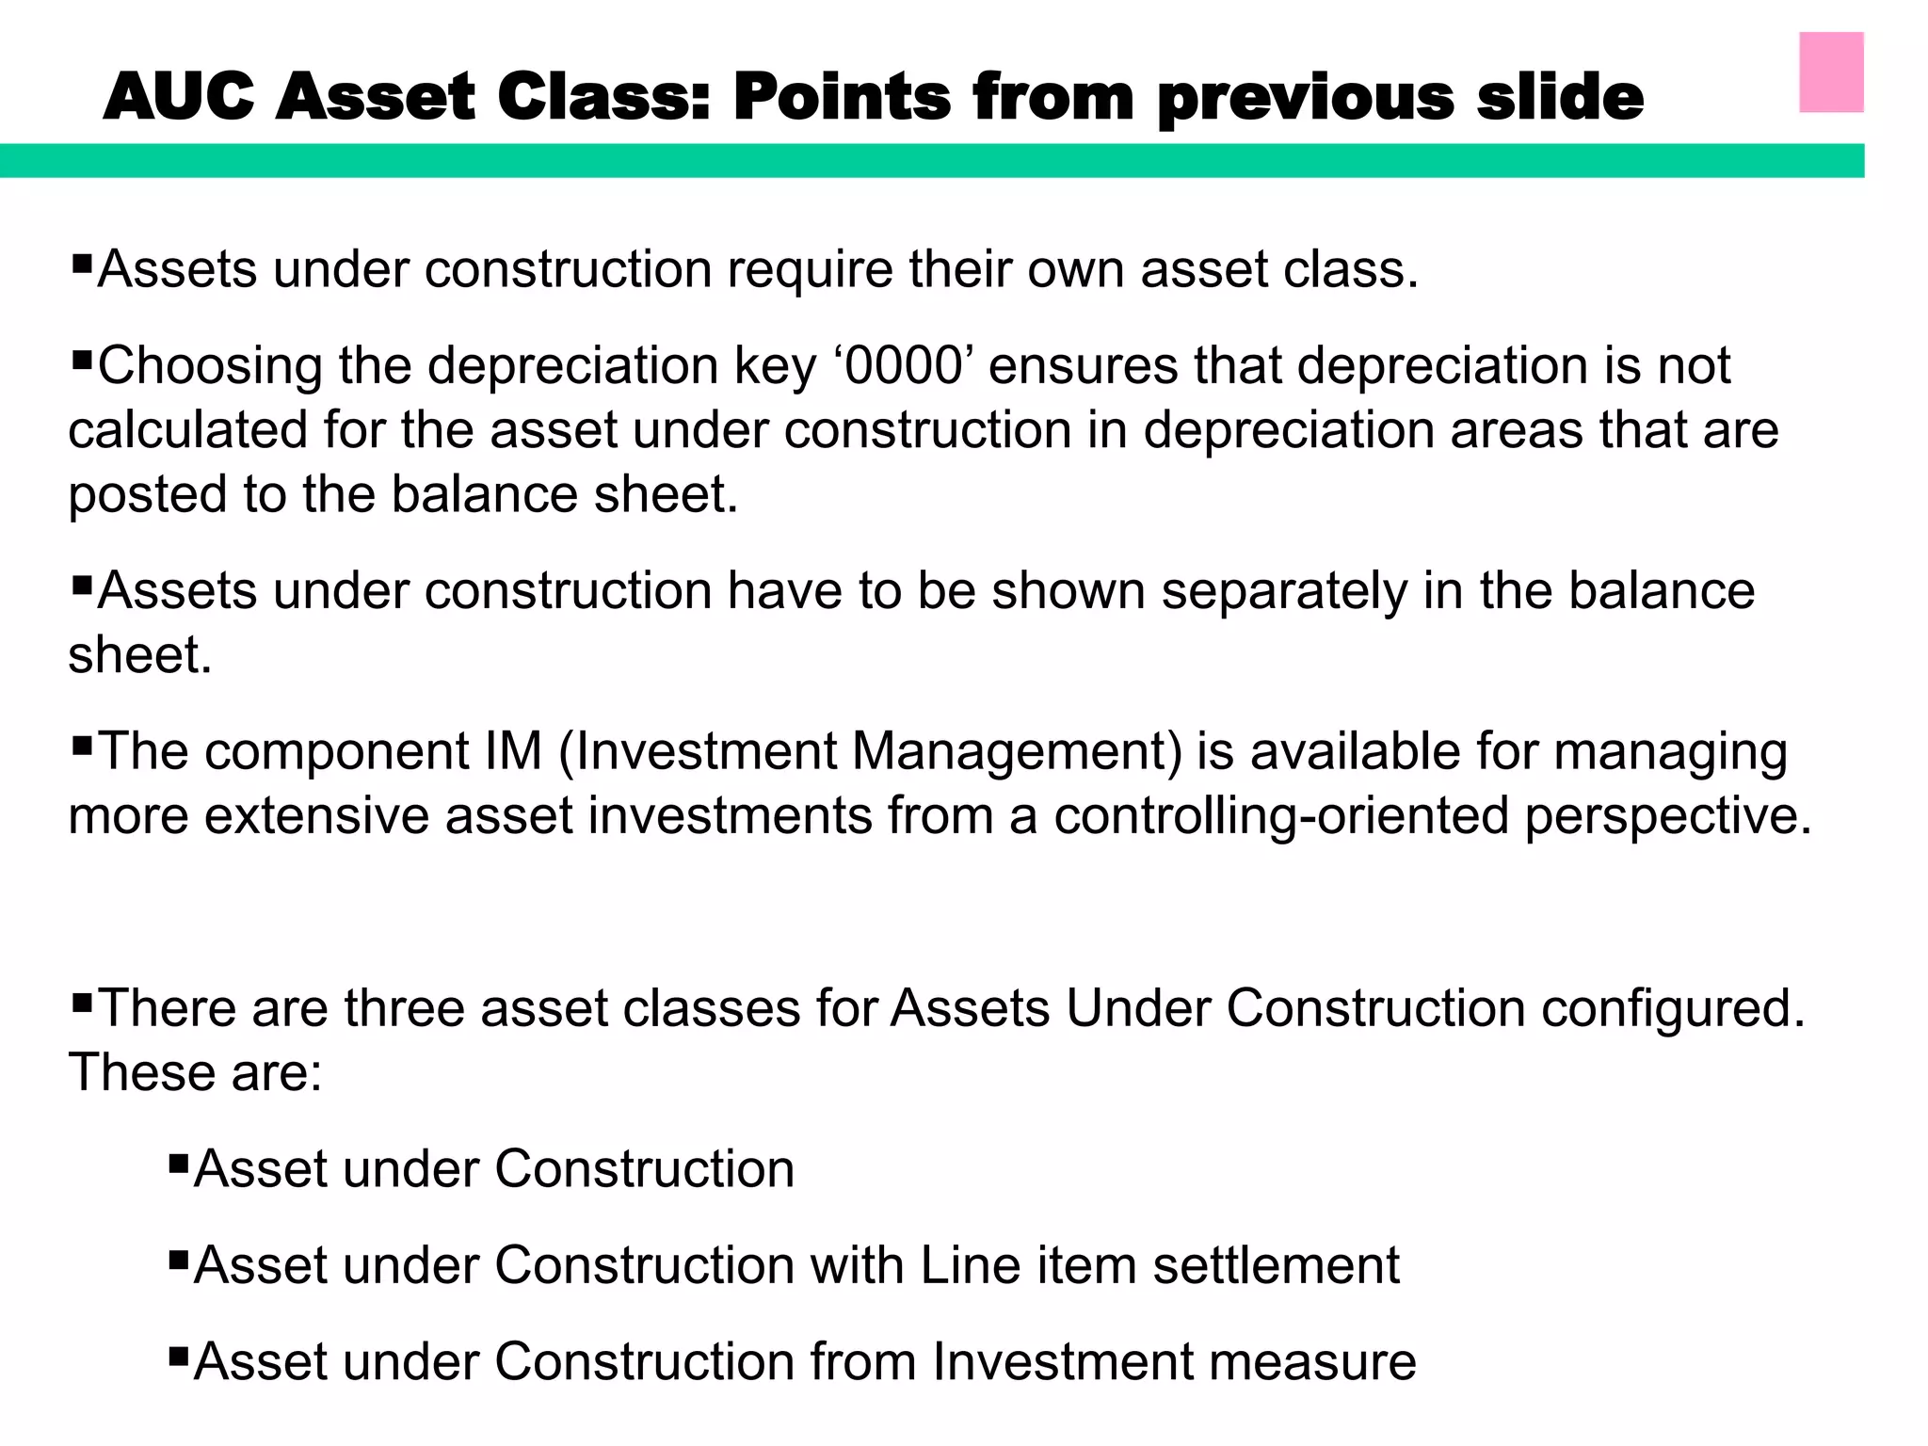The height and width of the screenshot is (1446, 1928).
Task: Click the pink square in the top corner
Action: pyautogui.click(x=1831, y=72)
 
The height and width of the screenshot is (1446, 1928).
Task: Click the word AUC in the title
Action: pyautogui.click(x=179, y=97)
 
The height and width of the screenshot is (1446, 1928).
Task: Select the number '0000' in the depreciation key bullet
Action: pyautogui.click(x=904, y=365)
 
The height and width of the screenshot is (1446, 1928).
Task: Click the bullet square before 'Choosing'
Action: pyautogui.click(x=81, y=358)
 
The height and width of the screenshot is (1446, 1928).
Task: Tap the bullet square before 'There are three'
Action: pyautogui.click(x=81, y=1000)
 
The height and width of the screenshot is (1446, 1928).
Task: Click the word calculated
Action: pyautogui.click(x=188, y=430)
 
